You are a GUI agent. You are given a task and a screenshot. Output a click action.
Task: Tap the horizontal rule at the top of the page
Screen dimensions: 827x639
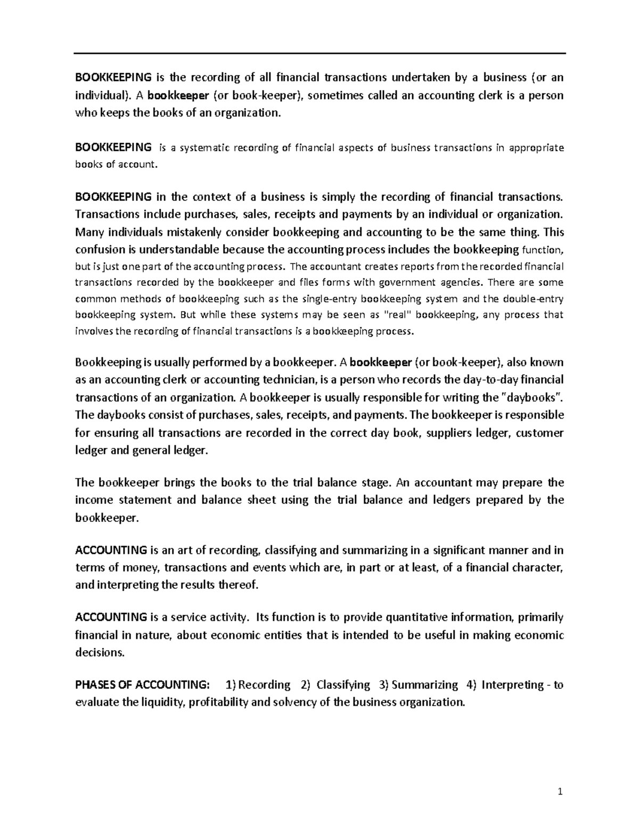point(319,53)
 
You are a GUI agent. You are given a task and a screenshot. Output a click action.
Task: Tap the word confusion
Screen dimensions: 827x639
point(99,249)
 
